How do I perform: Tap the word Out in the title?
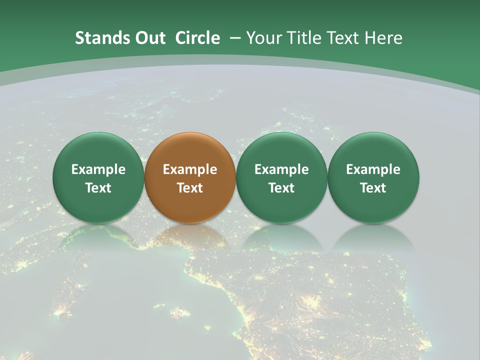(x=149, y=38)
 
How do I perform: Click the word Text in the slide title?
(x=343, y=38)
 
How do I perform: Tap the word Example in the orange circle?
(x=190, y=169)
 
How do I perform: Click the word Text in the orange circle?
(x=190, y=188)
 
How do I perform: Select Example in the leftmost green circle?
(x=98, y=169)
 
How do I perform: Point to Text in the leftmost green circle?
(x=98, y=188)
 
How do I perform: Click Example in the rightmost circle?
(x=373, y=169)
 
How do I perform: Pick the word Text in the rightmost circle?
(x=373, y=188)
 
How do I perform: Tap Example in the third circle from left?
(x=281, y=169)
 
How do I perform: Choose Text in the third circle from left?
(x=281, y=188)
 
